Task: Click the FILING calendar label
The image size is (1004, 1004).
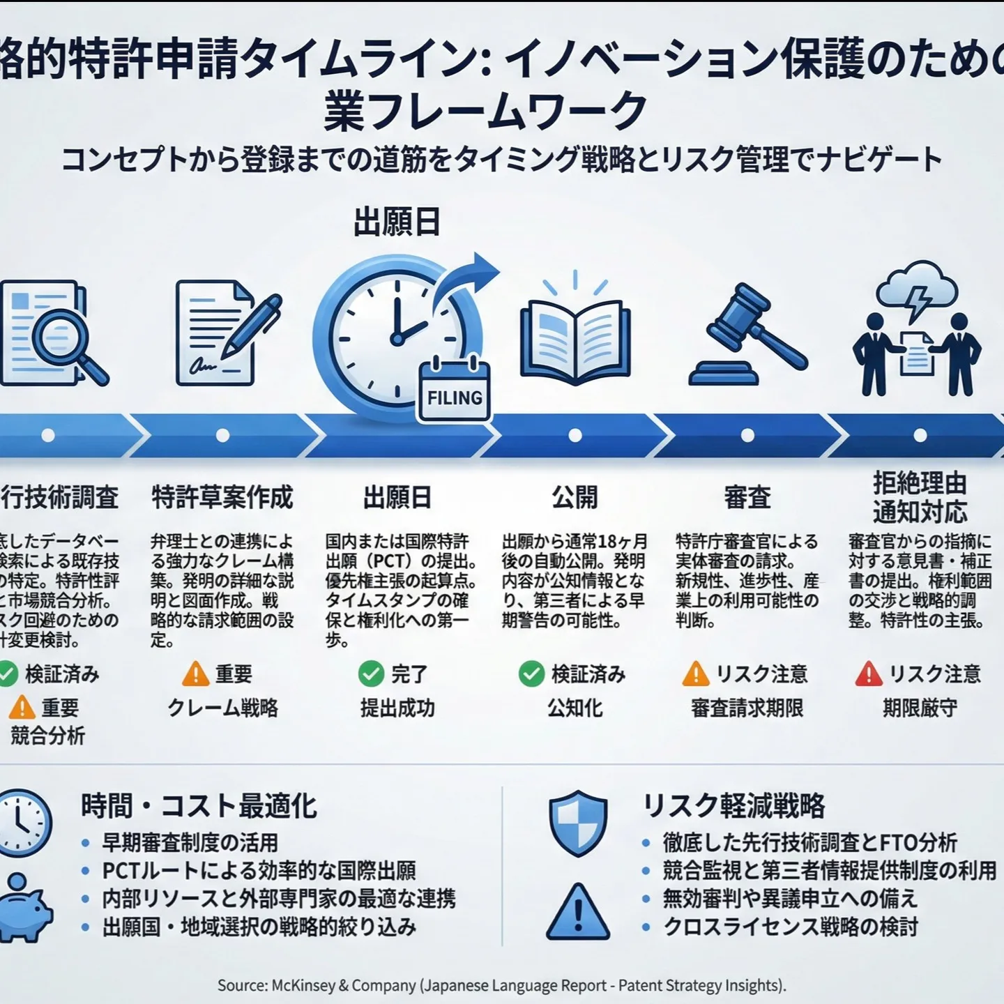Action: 455,398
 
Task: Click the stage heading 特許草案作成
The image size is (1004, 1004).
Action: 222,498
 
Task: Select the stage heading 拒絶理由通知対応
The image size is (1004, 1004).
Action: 920,497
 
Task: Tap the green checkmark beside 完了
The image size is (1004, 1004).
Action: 371,674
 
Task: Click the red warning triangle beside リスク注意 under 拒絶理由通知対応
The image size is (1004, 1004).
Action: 869,674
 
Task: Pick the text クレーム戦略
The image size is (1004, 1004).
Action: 222,708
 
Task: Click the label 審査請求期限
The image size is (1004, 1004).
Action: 747,708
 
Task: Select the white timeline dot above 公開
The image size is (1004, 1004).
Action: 575,436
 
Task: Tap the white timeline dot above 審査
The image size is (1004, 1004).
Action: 747,436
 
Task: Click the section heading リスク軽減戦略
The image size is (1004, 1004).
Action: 733,806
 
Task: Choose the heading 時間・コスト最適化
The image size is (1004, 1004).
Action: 199,806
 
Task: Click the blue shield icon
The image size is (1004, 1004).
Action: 578,823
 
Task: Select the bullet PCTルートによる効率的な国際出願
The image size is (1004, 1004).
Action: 259,871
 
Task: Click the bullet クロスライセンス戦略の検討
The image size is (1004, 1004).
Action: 791,927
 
